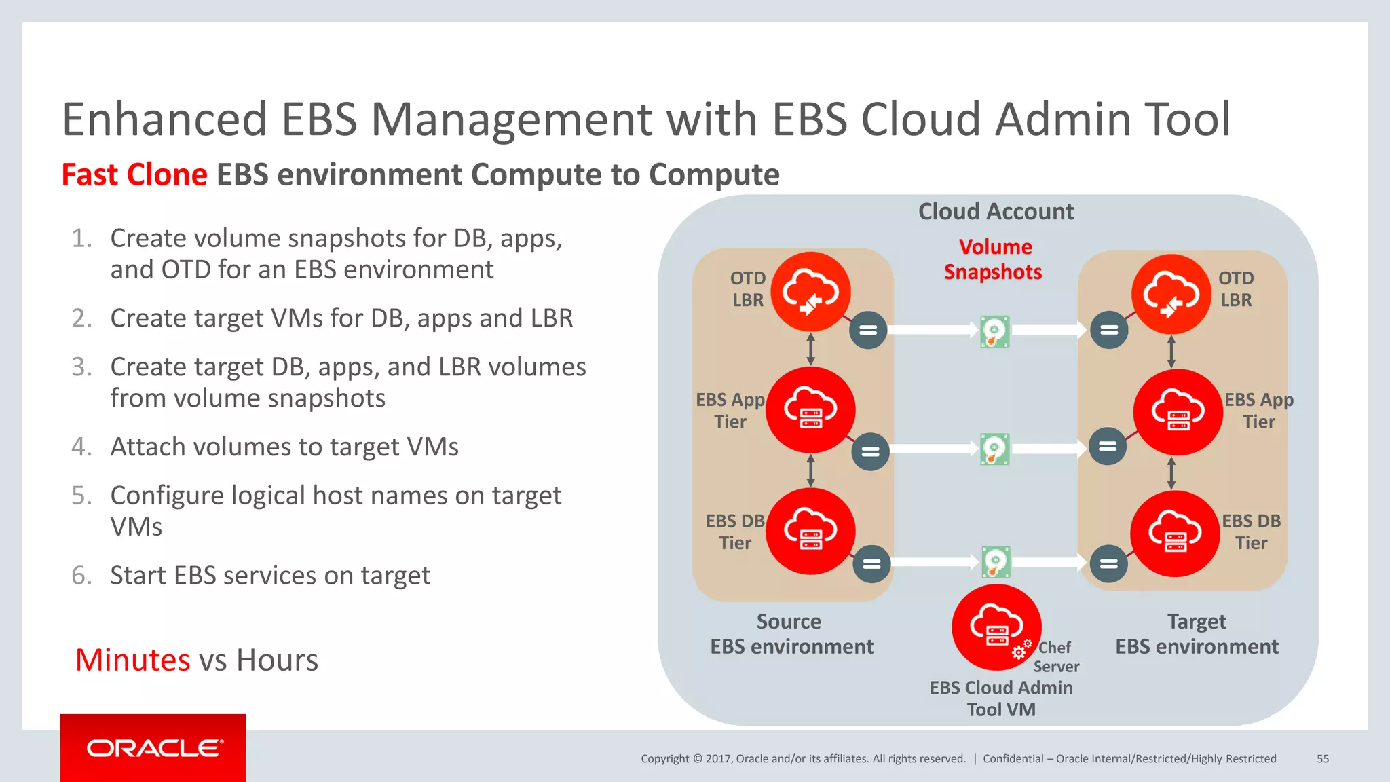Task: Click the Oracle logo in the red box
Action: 153,748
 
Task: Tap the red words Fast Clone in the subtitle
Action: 134,174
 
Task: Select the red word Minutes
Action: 133,660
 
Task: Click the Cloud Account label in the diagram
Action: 996,212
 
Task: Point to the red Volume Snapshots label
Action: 994,259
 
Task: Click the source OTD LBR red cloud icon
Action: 811,292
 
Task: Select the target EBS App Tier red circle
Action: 1178,412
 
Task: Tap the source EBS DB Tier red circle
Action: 810,531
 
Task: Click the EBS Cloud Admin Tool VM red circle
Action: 996,627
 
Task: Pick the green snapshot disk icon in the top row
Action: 995,332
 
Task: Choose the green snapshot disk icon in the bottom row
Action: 996,562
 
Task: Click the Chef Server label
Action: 1056,657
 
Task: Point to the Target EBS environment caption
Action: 1197,634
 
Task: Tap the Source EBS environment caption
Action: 791,634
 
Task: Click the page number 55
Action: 1323,759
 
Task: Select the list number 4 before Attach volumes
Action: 81,447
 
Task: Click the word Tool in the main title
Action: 1187,119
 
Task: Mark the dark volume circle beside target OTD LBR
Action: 1109,330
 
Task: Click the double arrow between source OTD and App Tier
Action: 810,349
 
